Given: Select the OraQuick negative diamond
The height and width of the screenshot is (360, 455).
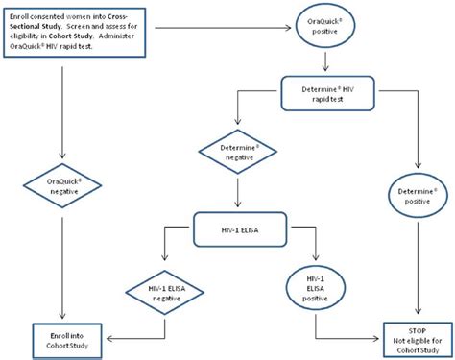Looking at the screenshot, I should tap(62, 183).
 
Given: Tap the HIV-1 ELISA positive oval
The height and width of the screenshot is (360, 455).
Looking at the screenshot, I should tap(315, 287).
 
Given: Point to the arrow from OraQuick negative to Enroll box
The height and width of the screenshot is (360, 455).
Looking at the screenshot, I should tap(62, 269).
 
